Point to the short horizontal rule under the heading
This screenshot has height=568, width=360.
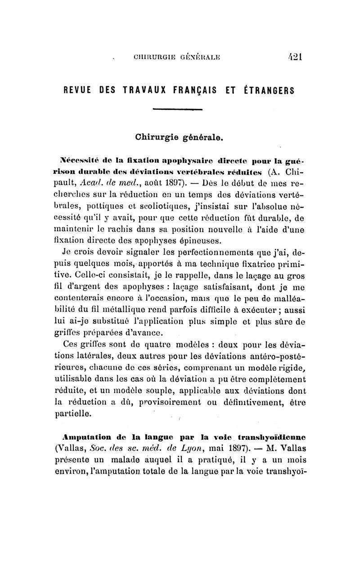click(x=178, y=110)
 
